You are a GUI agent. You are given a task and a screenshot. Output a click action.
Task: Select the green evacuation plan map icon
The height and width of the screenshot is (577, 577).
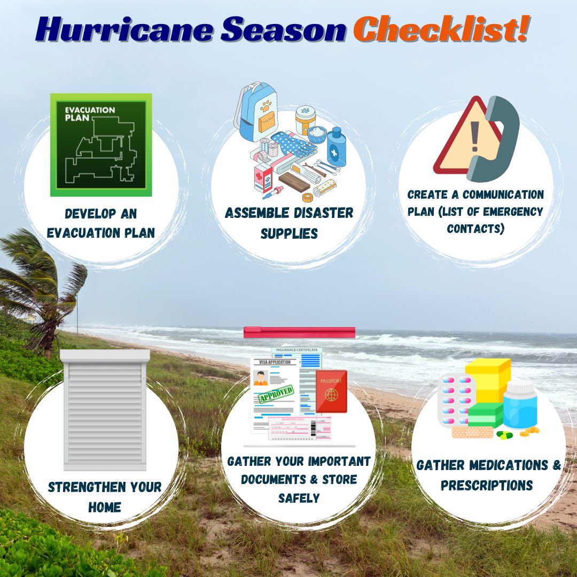pyautogui.click(x=101, y=145)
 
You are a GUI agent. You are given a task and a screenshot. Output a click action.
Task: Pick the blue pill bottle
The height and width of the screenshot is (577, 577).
pyautogui.click(x=519, y=406)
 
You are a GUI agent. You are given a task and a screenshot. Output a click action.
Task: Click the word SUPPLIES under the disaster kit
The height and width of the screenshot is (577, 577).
pyautogui.click(x=289, y=233)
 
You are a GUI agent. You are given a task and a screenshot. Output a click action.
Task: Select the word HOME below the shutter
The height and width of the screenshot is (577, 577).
pyautogui.click(x=104, y=506)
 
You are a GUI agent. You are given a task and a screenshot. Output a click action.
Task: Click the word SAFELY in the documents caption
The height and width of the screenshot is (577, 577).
pyautogui.click(x=299, y=498)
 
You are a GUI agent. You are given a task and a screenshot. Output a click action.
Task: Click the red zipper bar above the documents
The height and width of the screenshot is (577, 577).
pyautogui.click(x=299, y=332)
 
